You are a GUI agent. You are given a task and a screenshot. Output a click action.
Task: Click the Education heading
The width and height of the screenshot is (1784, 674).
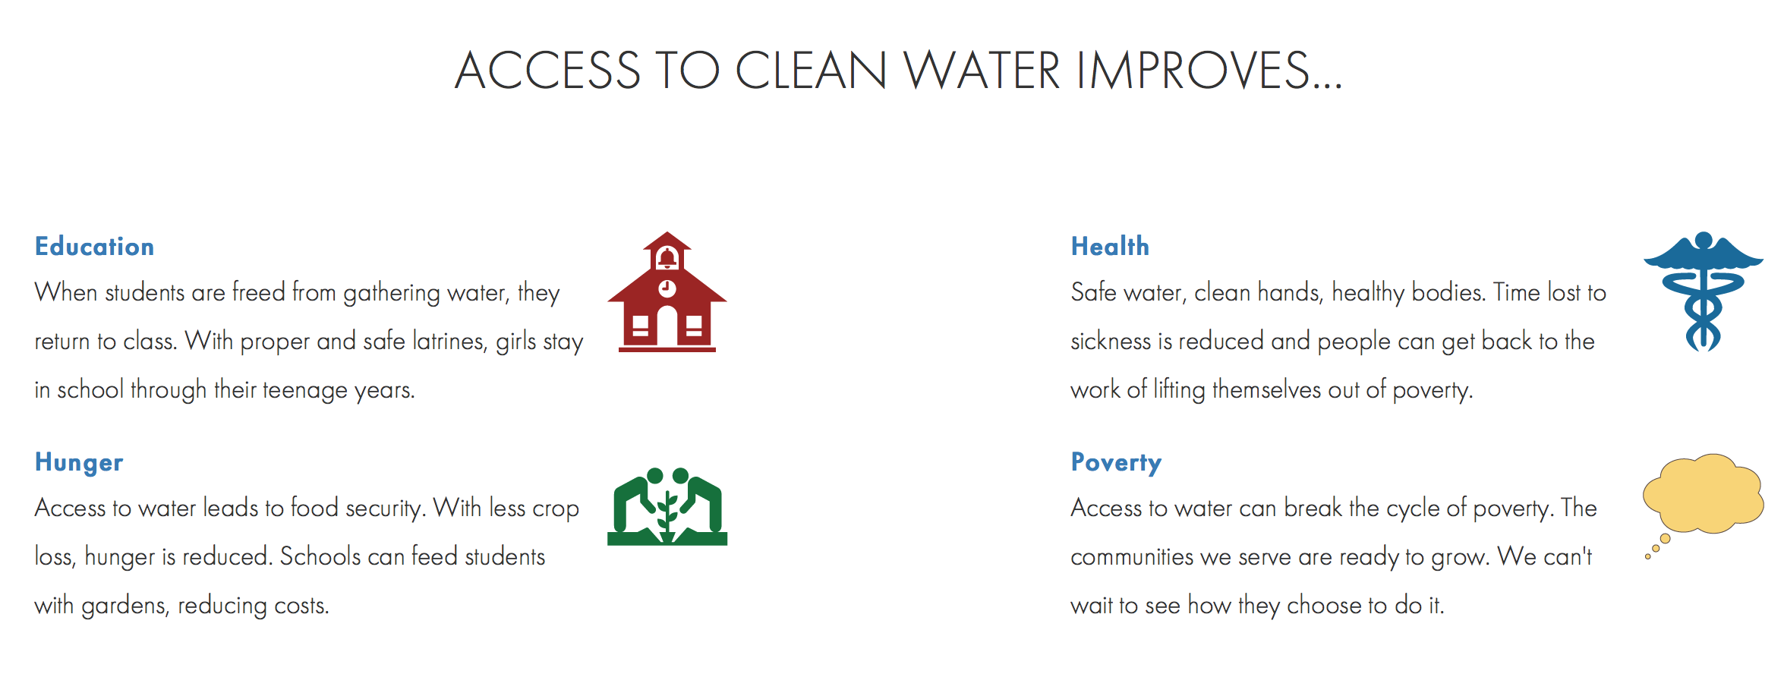point(94,247)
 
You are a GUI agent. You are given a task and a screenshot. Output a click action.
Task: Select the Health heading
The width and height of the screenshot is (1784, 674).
point(1110,247)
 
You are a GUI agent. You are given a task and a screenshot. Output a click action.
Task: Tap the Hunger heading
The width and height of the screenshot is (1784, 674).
point(79,463)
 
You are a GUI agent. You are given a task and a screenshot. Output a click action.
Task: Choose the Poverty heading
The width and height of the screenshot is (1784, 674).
point(1116,463)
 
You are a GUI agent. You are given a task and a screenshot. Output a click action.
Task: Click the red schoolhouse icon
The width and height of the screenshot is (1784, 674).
point(667,292)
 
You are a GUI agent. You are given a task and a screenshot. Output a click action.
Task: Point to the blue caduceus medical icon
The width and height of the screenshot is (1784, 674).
point(1703,291)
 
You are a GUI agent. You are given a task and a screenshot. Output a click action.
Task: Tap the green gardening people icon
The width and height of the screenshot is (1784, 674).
point(667,506)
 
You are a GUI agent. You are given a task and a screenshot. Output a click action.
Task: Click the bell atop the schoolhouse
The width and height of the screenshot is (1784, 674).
point(667,258)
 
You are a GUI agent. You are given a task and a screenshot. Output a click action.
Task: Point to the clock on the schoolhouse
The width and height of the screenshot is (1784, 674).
point(667,288)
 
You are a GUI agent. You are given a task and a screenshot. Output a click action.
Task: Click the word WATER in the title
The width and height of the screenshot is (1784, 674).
point(982,71)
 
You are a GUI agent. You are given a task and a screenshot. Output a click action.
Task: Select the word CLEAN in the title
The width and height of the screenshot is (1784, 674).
point(811,71)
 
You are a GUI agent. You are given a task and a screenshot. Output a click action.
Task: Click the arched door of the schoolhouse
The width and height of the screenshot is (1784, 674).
point(667,326)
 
